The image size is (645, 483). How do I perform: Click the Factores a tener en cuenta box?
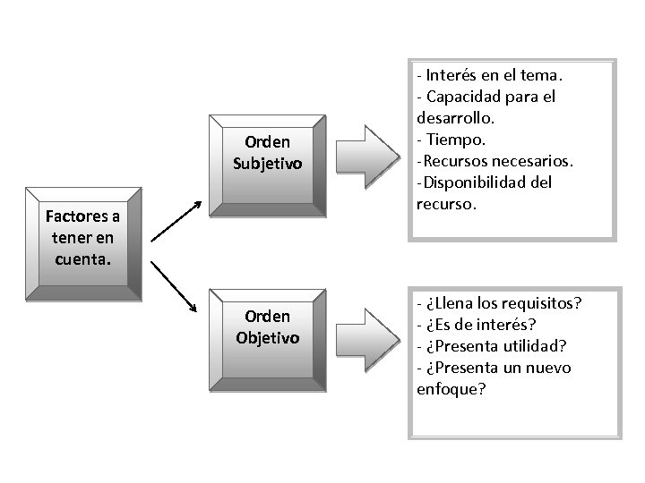[84, 240]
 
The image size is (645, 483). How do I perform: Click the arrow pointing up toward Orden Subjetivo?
[175, 221]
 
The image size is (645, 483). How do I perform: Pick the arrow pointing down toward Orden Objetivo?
[175, 286]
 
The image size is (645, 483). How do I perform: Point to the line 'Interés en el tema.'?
[494, 74]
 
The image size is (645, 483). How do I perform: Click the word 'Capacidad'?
[467, 96]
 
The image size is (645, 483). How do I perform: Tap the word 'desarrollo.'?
[454, 117]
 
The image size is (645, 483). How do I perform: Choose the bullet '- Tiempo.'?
[451, 139]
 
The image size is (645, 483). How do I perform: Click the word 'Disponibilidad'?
[488, 182]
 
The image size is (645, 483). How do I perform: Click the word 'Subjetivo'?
[267, 164]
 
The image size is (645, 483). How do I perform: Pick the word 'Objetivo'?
[267, 337]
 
